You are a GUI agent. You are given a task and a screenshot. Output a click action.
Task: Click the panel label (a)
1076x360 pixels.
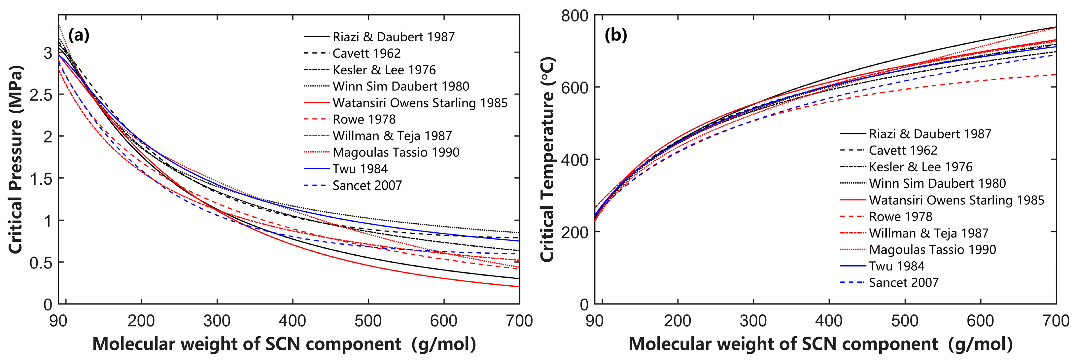pos(79,35)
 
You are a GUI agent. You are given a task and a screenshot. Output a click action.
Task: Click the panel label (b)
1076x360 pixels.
pos(616,35)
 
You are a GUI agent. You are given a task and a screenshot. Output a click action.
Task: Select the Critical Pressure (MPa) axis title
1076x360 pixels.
pos(16,159)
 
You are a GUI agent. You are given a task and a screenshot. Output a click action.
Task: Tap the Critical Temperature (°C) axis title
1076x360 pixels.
pos(547,159)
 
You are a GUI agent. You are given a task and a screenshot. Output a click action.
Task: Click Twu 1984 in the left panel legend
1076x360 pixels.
pos(360,169)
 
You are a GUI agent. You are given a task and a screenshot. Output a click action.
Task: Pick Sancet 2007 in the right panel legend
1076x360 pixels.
pos(903,283)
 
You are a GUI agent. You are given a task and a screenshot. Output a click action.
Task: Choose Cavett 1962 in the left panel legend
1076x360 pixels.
pos(366,54)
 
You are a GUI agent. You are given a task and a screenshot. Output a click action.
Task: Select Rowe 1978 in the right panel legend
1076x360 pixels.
pos(901,216)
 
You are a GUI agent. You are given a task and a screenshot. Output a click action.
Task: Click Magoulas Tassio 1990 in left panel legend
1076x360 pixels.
pos(396,153)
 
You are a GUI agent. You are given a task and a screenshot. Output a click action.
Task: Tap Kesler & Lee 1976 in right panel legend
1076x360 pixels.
pos(920,167)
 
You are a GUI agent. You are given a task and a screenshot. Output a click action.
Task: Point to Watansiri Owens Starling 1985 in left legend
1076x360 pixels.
pos(420,103)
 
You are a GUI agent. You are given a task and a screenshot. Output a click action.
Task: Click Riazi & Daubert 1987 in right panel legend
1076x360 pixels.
pos(930,134)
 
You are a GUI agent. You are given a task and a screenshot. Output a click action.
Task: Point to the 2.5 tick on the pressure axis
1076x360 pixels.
pos(41,95)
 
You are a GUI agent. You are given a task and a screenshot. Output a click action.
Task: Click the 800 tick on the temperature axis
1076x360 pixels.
pos(574,16)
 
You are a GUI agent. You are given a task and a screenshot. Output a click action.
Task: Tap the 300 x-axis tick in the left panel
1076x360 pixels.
pos(217,321)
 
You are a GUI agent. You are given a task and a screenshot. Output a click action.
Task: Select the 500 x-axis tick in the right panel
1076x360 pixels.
pos(905,321)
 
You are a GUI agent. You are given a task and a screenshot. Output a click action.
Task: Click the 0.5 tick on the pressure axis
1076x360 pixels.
pos(41,263)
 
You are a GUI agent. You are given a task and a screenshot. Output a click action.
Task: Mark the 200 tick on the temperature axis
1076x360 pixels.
pos(574,232)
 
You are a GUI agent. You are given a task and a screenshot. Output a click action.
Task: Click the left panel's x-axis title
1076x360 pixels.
pos(284,344)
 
